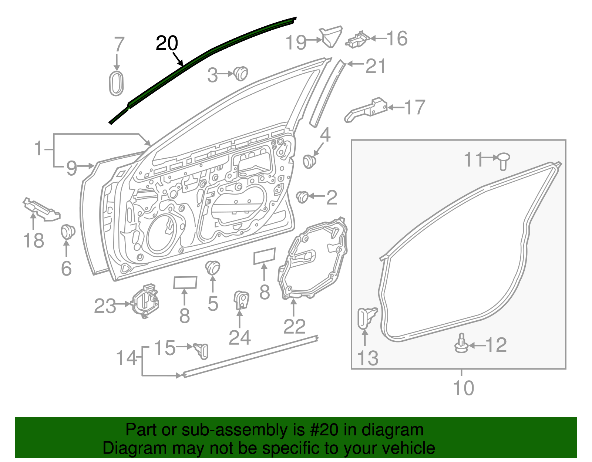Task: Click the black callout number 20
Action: (x=167, y=44)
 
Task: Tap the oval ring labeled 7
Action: (x=116, y=83)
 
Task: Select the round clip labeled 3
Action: (x=241, y=73)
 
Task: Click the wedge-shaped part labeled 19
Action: (x=331, y=36)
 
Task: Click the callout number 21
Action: (x=375, y=66)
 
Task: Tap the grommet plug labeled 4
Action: (x=309, y=161)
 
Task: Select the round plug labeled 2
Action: (x=303, y=197)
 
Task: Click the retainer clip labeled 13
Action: (x=366, y=317)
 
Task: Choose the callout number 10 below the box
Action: (x=463, y=388)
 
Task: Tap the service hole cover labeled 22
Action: (x=313, y=259)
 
